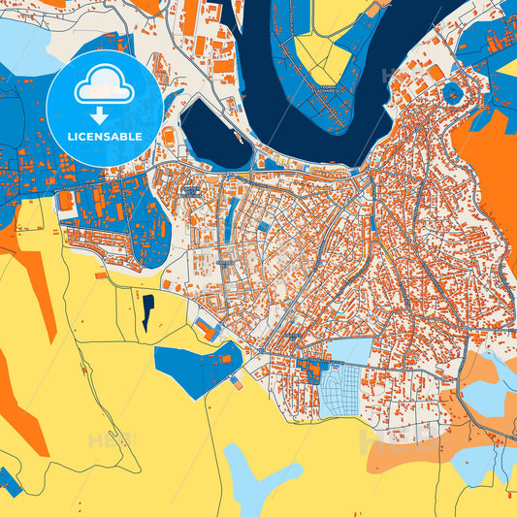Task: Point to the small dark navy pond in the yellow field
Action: point(147,312)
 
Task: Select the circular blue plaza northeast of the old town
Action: point(452,94)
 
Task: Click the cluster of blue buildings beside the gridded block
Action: point(312,370)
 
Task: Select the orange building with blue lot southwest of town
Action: point(207,330)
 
